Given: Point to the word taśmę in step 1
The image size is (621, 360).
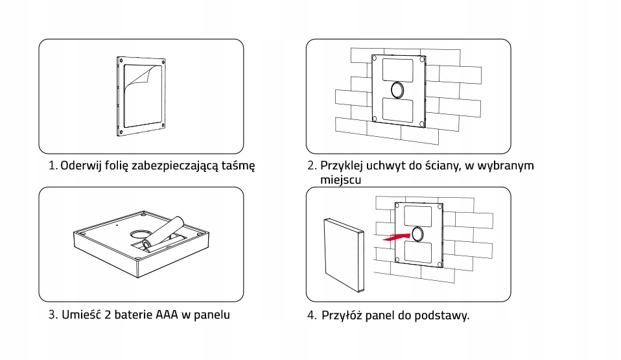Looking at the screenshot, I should tap(236, 165).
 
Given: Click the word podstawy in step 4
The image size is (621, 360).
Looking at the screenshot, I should tap(442, 316).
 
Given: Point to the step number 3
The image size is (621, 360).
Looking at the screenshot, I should tap(52, 315).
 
